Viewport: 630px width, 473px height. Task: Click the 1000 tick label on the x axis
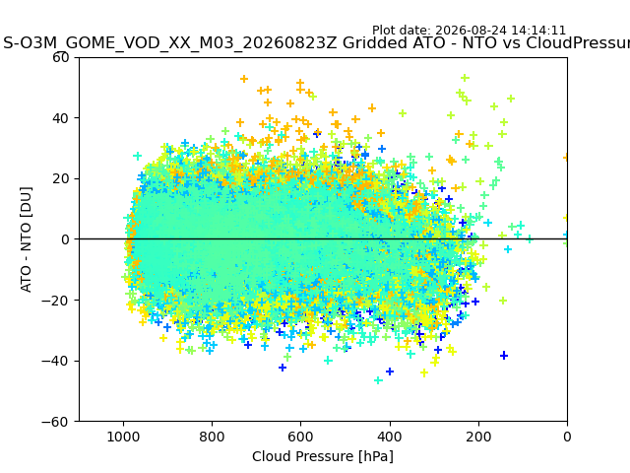click(x=123, y=437)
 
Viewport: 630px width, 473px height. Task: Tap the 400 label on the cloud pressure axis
click(x=390, y=437)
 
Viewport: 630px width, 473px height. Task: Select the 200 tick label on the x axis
click(x=478, y=437)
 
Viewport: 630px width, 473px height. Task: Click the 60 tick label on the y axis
click(x=61, y=57)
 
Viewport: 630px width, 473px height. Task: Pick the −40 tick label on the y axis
click(x=55, y=362)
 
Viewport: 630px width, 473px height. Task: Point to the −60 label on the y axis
click(x=55, y=422)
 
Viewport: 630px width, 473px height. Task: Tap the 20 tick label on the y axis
click(x=61, y=179)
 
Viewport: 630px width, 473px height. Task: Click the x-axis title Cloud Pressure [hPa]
click(x=323, y=457)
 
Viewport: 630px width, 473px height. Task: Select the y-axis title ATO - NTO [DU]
click(x=26, y=239)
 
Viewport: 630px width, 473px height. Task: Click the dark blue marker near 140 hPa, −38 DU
click(x=504, y=356)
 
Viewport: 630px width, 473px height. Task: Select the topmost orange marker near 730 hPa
click(x=244, y=79)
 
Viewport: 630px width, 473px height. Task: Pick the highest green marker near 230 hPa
click(x=465, y=78)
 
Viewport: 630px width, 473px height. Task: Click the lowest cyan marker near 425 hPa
click(x=378, y=380)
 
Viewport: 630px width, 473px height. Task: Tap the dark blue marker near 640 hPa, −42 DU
click(x=283, y=368)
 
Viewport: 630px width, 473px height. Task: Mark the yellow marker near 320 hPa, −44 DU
click(x=424, y=372)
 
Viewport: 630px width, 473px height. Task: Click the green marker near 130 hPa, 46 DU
click(x=511, y=99)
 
